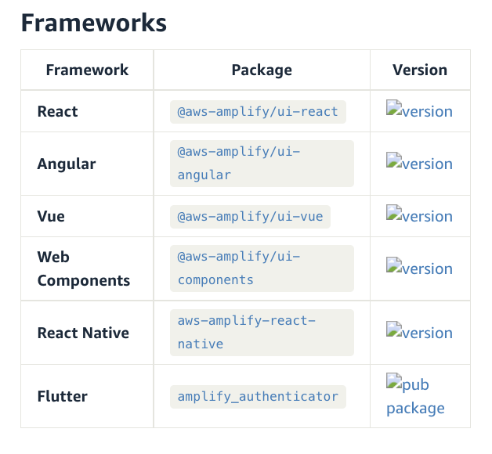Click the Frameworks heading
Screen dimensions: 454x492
(x=94, y=23)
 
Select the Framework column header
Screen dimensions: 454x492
(x=87, y=70)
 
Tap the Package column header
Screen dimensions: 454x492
(x=262, y=70)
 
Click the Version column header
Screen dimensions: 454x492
(x=420, y=70)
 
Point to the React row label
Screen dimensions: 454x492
(x=57, y=111)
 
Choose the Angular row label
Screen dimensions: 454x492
(x=67, y=164)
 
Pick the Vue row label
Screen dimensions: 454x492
(x=50, y=216)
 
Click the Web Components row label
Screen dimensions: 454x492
(x=83, y=268)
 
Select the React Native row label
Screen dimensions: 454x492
(x=83, y=333)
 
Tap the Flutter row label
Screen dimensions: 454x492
(x=62, y=396)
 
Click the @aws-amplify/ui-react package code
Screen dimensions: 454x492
(x=258, y=111)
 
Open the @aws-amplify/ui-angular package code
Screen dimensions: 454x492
(x=239, y=164)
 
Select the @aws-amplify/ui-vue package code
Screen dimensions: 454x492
(x=250, y=216)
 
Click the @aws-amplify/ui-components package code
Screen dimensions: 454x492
(x=239, y=268)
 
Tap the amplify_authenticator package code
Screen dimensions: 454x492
(x=258, y=396)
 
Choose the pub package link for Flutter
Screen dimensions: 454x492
(x=415, y=396)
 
